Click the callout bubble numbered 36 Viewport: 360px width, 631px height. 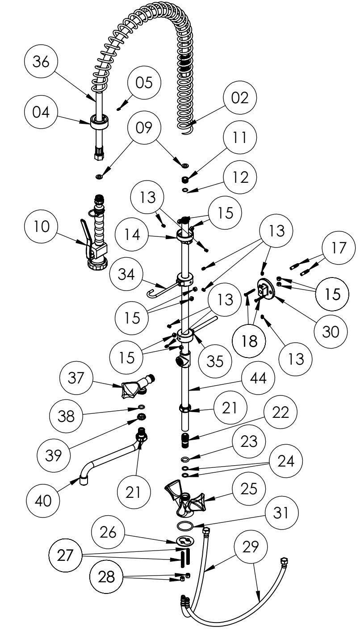tap(39, 63)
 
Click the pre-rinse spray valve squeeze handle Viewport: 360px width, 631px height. tap(85, 232)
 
